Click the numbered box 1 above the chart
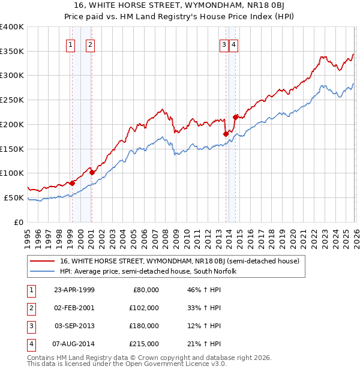[x=71, y=44]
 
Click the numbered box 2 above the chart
[x=90, y=44]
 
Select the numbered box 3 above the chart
[x=223, y=44]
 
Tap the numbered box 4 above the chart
[x=233, y=44]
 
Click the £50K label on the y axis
[x=14, y=197]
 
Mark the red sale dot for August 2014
[x=236, y=117]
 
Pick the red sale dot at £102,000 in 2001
[x=92, y=172]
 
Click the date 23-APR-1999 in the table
[x=74, y=290]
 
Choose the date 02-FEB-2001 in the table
[x=74, y=308]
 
